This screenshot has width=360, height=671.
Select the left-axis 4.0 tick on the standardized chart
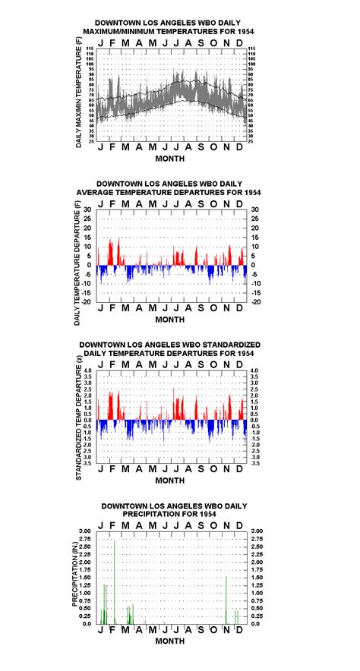87,371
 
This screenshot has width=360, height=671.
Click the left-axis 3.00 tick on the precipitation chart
86,531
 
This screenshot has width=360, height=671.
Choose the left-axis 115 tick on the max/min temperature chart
90,49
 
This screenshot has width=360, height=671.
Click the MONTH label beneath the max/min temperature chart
169,159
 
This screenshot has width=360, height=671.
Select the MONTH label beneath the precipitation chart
169,641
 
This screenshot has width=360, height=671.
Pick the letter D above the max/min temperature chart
238,42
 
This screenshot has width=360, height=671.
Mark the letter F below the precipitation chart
114,632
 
